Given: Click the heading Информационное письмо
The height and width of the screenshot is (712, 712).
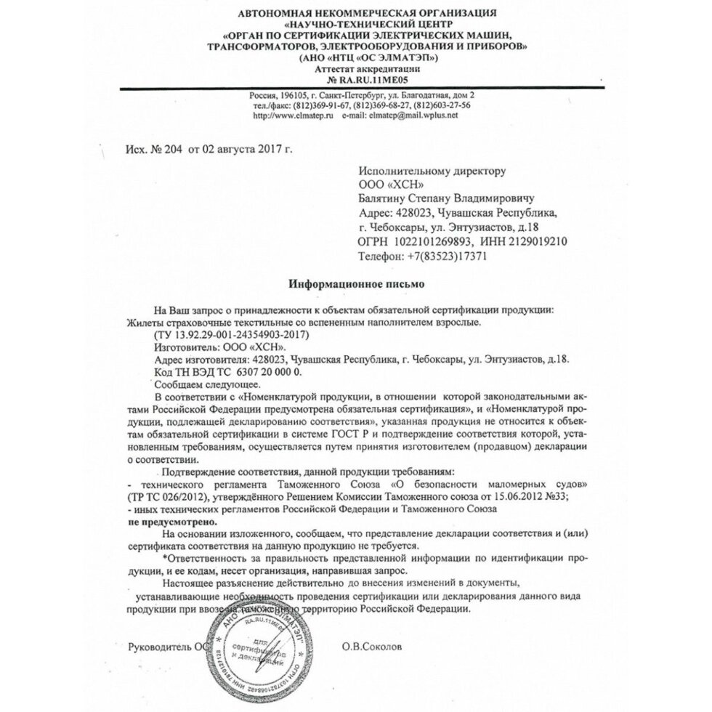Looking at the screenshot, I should point(356,284).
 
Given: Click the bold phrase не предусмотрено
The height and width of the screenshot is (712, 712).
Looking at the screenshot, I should point(172,522).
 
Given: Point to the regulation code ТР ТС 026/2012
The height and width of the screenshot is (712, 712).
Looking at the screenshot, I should point(167,496).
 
